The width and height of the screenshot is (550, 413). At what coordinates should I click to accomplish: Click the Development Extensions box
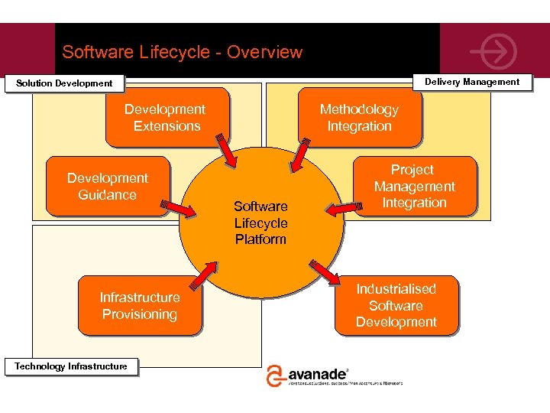pyautogui.click(x=167, y=118)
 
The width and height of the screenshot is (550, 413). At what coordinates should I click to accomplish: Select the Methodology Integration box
pyautogui.click(x=359, y=118)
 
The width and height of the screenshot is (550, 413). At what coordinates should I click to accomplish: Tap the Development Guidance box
pyautogui.click(x=108, y=187)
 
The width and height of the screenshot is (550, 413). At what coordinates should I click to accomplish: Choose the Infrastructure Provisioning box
pyautogui.click(x=140, y=306)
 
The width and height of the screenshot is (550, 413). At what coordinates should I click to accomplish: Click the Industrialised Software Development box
pyautogui.click(x=396, y=306)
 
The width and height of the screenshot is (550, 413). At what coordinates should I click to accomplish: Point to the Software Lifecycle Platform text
pyautogui.click(x=260, y=223)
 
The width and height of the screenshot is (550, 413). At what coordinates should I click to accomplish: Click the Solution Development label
pyautogui.click(x=64, y=83)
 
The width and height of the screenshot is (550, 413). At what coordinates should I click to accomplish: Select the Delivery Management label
pyautogui.click(x=471, y=82)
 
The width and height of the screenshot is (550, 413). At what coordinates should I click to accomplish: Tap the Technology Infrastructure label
pyautogui.click(x=71, y=366)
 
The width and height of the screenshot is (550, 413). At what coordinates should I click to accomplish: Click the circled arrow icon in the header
pyautogui.click(x=493, y=51)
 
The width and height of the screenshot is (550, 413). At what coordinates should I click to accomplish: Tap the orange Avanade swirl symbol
pyautogui.click(x=275, y=376)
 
